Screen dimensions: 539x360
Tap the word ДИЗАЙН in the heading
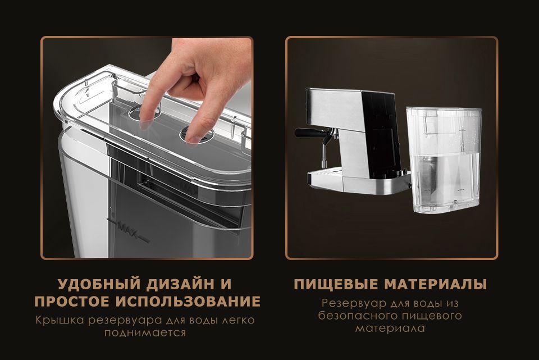click(x=180, y=284)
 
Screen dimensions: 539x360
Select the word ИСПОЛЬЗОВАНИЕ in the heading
click(x=188, y=301)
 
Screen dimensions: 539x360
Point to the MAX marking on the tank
click(x=127, y=229)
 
